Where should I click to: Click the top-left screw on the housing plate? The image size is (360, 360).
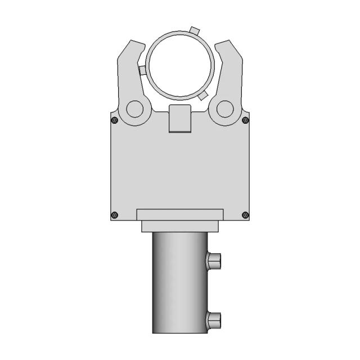tap(115, 120)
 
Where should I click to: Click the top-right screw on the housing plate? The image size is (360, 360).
tap(245, 120)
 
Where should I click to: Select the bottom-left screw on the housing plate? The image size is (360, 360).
tap(115, 214)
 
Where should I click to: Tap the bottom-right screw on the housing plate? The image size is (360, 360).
tap(245, 214)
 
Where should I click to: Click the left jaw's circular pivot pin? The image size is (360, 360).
tap(134, 109)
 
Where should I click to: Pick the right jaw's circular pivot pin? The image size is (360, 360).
tap(225, 109)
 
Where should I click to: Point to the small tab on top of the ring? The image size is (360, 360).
tap(194, 30)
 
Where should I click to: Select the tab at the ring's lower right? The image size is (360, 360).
tap(204, 94)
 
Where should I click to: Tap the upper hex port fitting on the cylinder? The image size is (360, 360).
tap(214, 260)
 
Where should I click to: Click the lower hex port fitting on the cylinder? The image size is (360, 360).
tap(214, 321)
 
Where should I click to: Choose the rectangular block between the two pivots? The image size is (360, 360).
tap(180, 119)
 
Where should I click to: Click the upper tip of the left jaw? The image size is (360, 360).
tap(133, 44)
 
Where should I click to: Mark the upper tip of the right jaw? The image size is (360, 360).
tap(227, 44)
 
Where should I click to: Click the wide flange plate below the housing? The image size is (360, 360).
tap(180, 214)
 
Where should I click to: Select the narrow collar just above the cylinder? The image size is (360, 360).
tap(180, 226)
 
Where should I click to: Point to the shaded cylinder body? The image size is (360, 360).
tap(179, 281)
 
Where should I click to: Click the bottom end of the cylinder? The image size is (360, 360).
tap(179, 330)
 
